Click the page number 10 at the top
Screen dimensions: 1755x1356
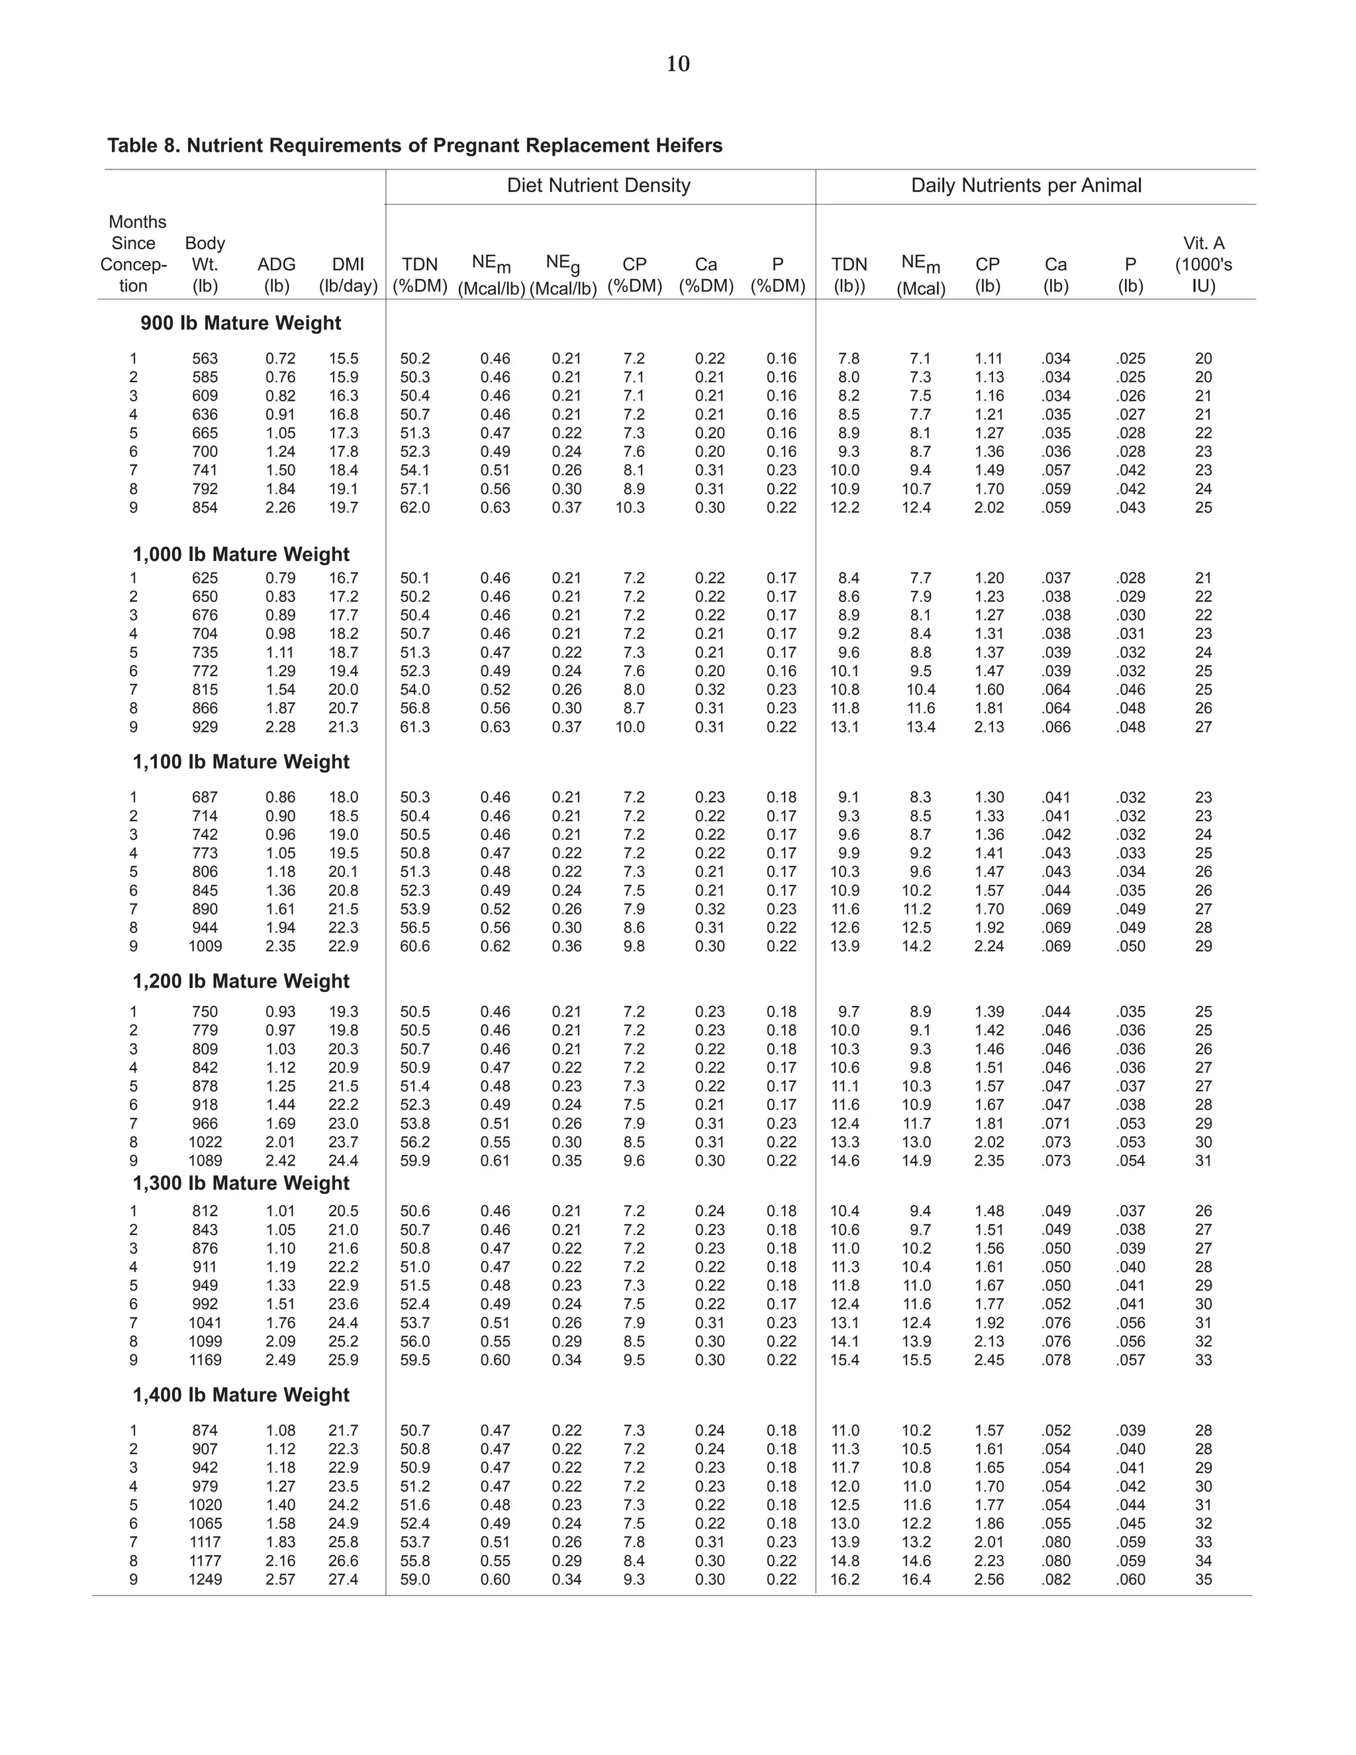[x=678, y=64]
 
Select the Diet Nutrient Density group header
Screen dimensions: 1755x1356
[x=599, y=185]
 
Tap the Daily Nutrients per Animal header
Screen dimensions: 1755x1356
[x=1026, y=185]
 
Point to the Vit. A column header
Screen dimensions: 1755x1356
[x=1202, y=264]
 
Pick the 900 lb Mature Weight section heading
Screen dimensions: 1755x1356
[x=241, y=323]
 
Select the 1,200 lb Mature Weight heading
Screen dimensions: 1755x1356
[x=241, y=981]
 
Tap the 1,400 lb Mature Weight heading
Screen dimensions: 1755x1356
[x=241, y=1395]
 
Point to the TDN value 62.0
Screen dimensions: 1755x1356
[x=415, y=508]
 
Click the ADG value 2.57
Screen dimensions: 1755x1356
[x=280, y=1579]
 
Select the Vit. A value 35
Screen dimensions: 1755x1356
[x=1202, y=1579]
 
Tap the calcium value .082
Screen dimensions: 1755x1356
[x=1055, y=1579]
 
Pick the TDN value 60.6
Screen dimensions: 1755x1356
[x=415, y=946]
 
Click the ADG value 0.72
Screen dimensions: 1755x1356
[x=280, y=359]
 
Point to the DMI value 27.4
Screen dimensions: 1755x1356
[x=343, y=1579]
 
